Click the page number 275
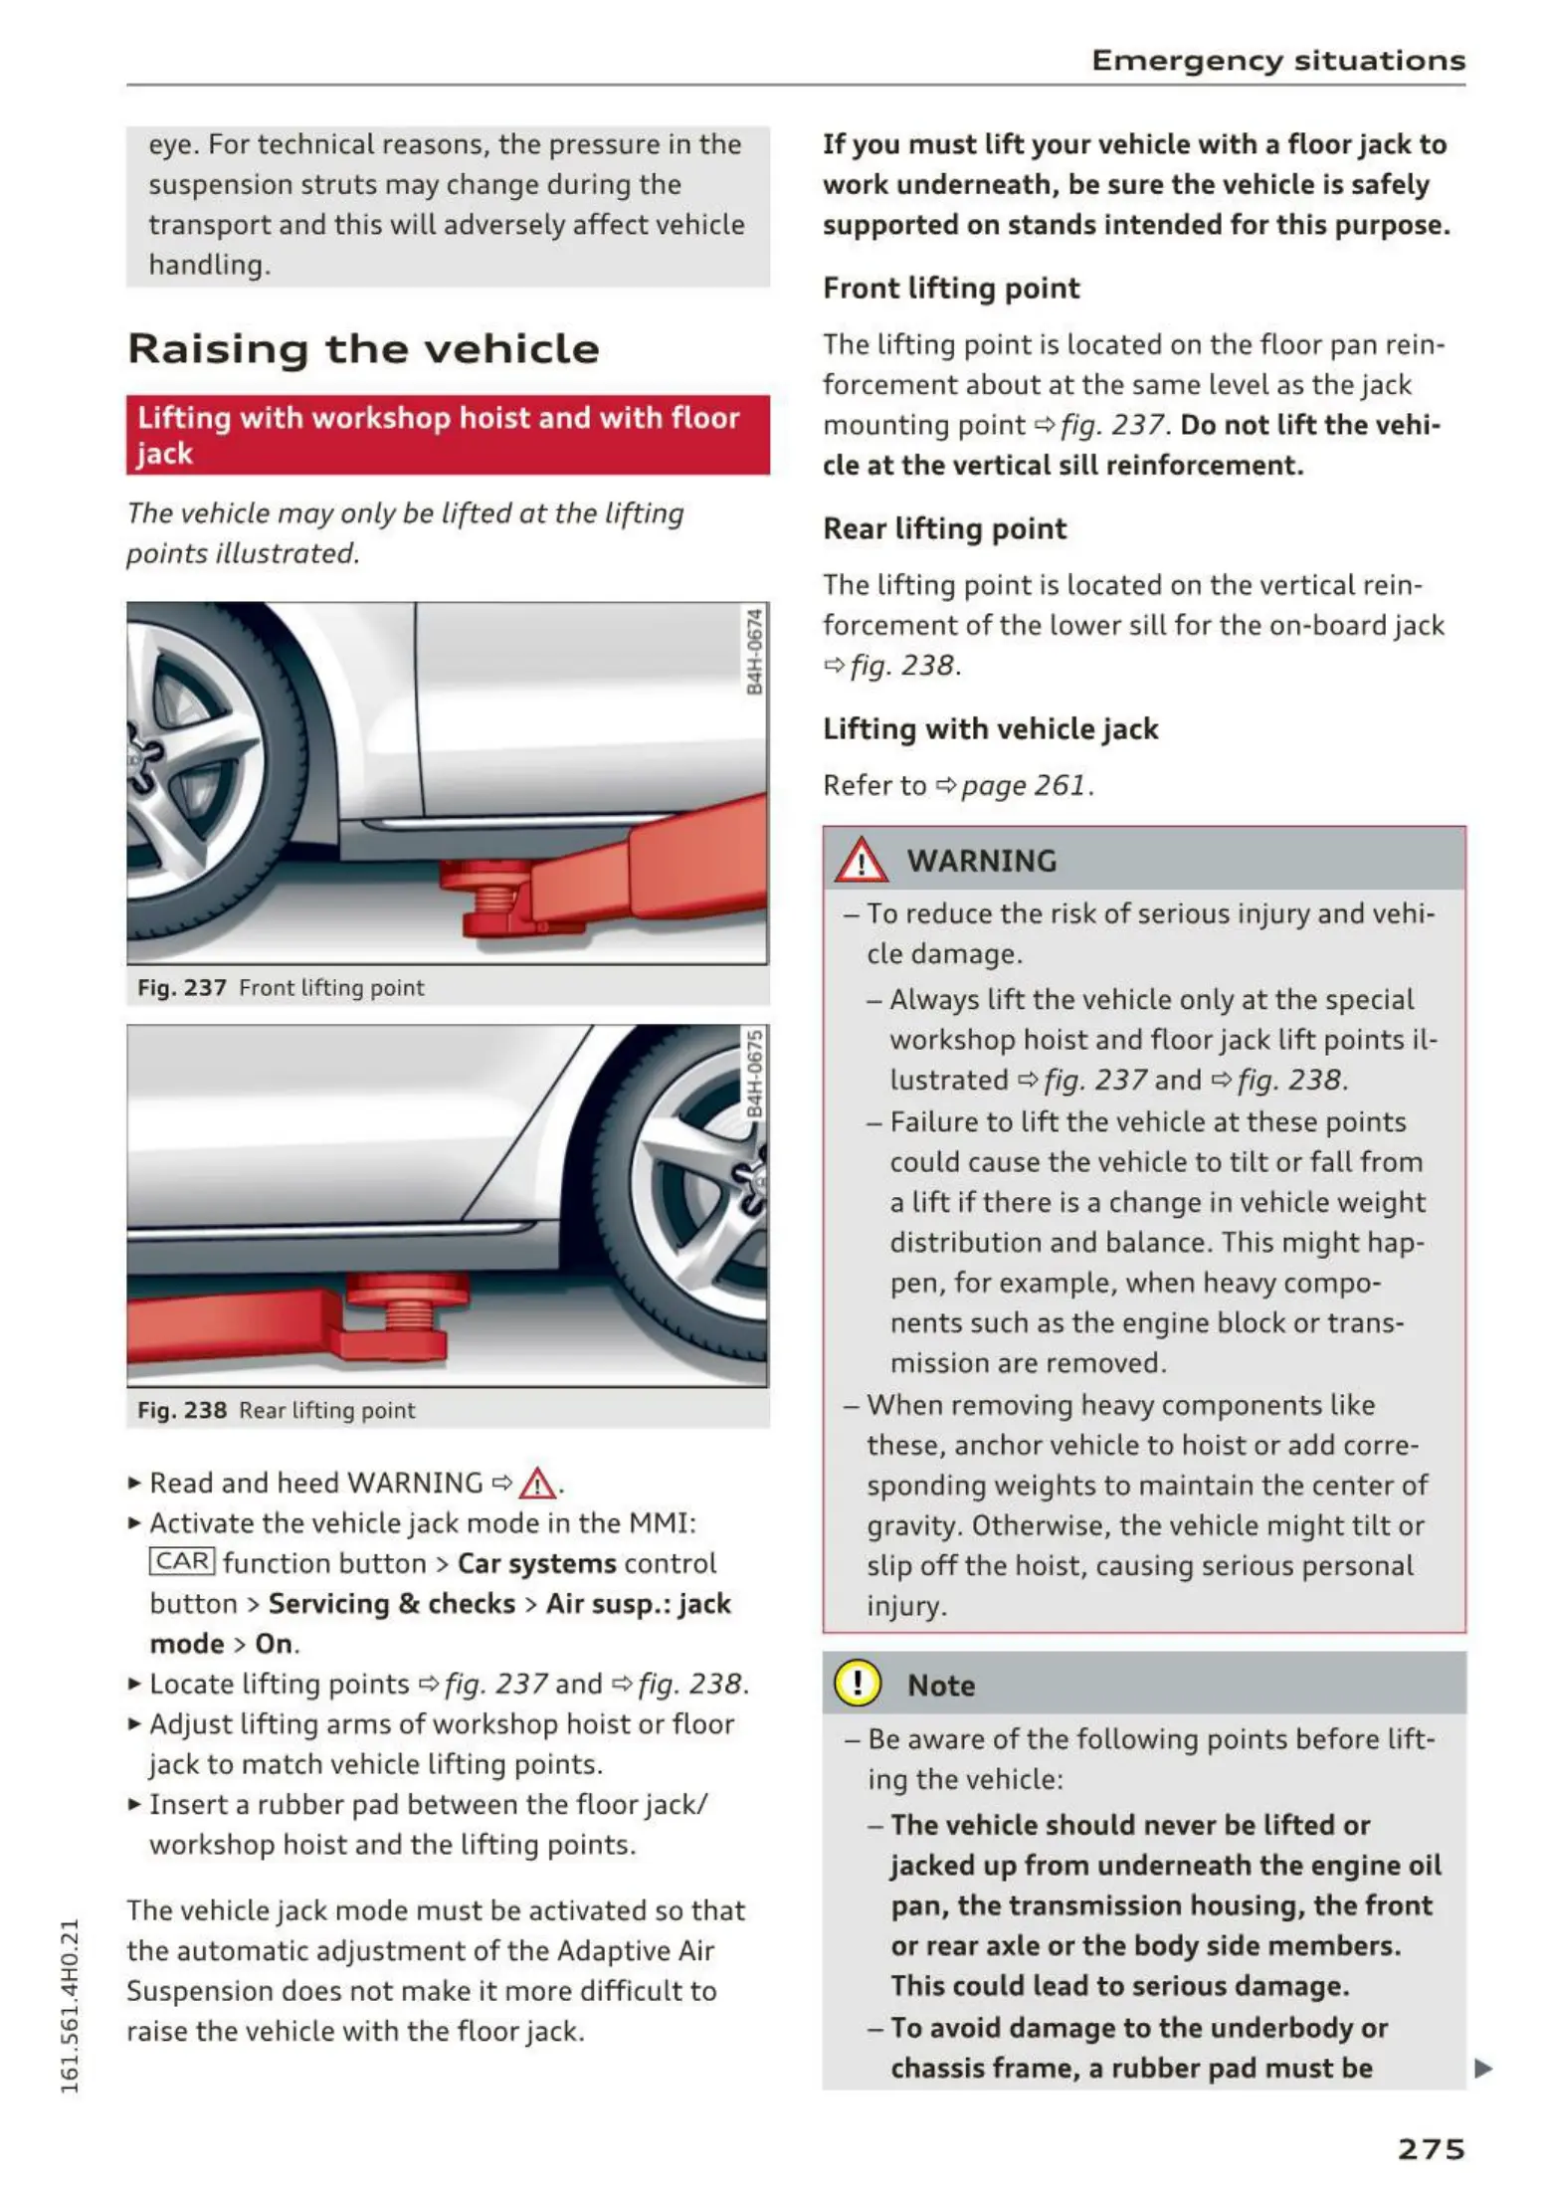[x=1431, y=2149]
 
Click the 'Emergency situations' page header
[x=1277, y=61]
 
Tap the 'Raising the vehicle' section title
[x=363, y=349]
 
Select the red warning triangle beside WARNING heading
[x=861, y=862]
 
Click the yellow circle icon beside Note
[x=857, y=1684]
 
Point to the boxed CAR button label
[x=182, y=1561]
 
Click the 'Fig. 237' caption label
[x=182, y=988]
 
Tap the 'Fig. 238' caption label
[x=182, y=1410]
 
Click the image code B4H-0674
[x=754, y=653]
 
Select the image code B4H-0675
[x=754, y=1075]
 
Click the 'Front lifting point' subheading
[x=950, y=289]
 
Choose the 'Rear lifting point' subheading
[x=944, y=529]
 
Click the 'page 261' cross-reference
[x=1022, y=786]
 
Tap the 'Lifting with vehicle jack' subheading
[x=990, y=729]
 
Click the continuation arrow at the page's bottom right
[x=1482, y=2069]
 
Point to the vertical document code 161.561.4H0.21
[x=70, y=2005]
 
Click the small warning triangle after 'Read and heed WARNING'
[x=537, y=1484]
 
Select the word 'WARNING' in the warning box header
[x=981, y=862]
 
